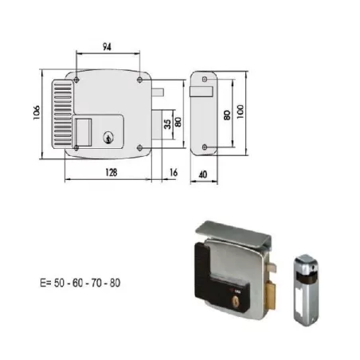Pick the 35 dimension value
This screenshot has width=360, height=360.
[x=165, y=124]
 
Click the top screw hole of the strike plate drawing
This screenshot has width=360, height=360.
[x=205, y=79]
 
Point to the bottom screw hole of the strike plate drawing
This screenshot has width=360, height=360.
[x=205, y=147]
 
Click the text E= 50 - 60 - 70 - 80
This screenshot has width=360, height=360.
[x=80, y=283]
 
